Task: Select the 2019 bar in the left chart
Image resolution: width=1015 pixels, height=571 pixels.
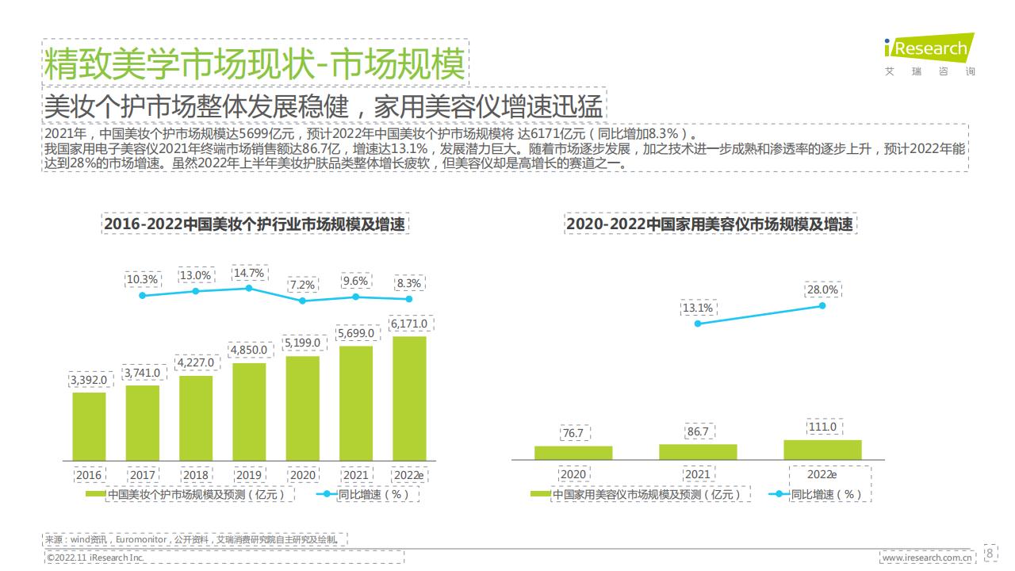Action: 249,412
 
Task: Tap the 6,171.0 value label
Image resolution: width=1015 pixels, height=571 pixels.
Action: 409,324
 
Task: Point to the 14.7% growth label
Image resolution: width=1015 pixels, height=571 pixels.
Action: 249,273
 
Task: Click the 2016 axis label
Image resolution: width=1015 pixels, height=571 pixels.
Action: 89,475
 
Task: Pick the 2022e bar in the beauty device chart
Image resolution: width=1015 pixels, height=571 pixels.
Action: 822,450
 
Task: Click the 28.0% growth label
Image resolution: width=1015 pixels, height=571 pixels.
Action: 822,290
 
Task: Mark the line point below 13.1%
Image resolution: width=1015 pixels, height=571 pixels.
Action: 698,323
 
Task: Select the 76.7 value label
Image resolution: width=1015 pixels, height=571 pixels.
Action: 573,433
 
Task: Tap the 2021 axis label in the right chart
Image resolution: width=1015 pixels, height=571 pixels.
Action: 698,474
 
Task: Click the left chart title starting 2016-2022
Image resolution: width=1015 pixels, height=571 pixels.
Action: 255,224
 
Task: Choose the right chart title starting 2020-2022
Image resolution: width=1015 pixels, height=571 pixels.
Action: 710,224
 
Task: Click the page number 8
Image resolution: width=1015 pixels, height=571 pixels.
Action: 990,553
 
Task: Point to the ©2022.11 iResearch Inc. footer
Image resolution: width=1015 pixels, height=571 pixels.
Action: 95,558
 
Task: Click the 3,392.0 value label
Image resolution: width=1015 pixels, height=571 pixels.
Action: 89,380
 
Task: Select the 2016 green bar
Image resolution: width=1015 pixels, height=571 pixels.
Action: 89,427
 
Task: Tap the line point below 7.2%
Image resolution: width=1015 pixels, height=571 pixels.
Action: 302,301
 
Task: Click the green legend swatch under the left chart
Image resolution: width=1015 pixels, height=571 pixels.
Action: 95,494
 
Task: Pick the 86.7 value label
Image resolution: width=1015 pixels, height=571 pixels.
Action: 698,431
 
